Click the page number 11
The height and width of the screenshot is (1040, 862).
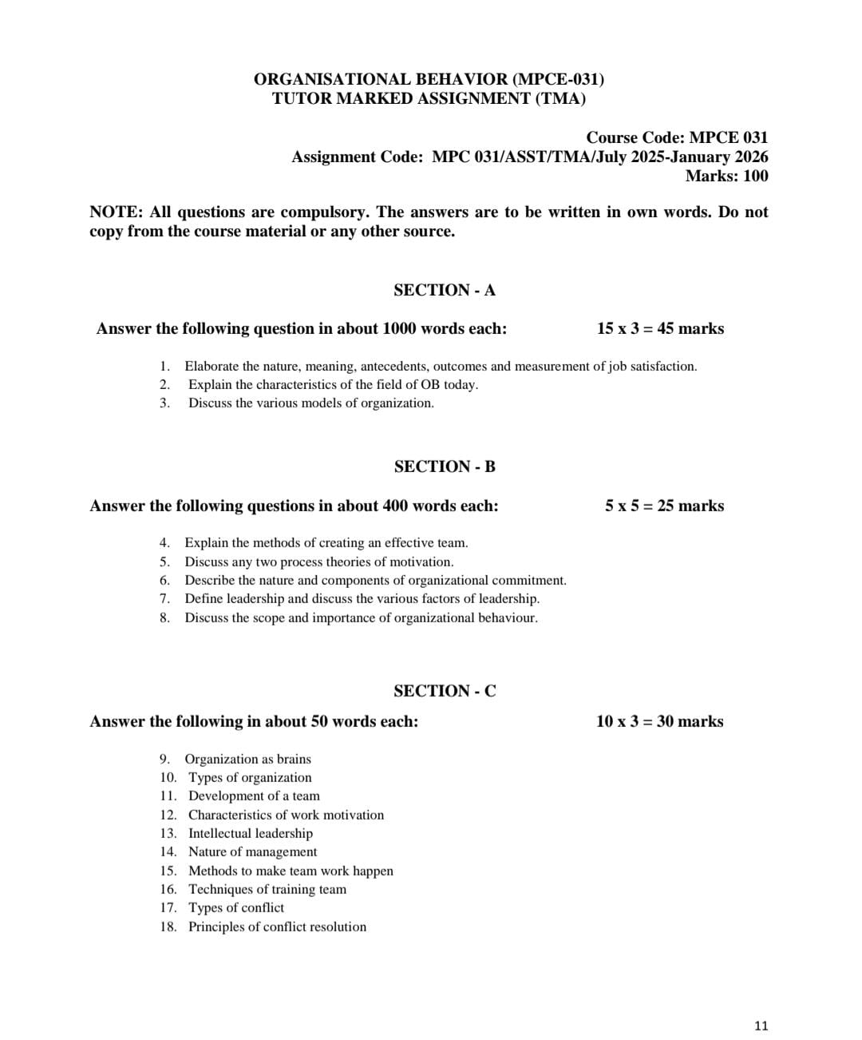click(x=760, y=1026)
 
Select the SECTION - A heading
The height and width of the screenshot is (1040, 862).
click(x=445, y=290)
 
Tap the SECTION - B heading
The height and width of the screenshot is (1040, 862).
click(x=445, y=466)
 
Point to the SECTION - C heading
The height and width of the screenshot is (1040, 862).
click(x=445, y=691)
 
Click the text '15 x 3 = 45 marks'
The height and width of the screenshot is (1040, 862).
click(x=660, y=328)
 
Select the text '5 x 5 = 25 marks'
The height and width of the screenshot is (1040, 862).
click(x=664, y=506)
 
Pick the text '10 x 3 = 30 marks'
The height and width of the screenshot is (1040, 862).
click(x=659, y=721)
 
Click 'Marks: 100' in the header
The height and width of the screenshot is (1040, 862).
click(x=726, y=176)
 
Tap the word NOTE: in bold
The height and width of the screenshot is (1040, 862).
click(x=116, y=212)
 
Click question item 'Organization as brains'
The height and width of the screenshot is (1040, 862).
click(x=247, y=759)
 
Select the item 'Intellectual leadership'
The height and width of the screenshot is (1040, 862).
click(x=251, y=833)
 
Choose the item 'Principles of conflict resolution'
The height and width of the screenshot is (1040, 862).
click(x=277, y=927)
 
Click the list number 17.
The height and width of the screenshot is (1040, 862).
click(x=168, y=907)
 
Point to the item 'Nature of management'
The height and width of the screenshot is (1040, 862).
click(x=252, y=851)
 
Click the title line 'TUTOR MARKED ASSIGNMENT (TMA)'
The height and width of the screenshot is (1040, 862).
click(x=429, y=98)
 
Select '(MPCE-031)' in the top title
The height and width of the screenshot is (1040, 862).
click(x=558, y=79)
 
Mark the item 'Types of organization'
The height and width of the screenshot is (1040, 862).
click(x=250, y=777)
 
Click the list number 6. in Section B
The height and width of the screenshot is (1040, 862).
click(x=164, y=580)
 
